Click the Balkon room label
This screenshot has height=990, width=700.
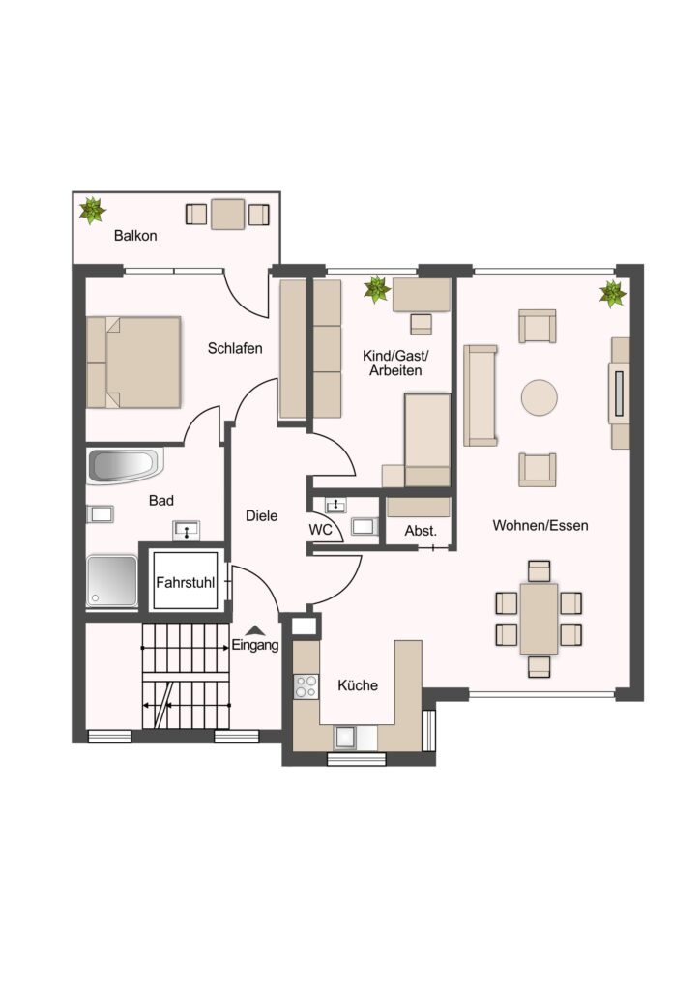click(135, 236)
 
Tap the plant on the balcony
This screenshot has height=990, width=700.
click(93, 210)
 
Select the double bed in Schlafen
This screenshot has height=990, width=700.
click(133, 362)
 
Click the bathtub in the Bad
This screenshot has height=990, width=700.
click(125, 466)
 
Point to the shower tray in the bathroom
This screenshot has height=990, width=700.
click(112, 581)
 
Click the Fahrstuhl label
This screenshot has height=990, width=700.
click(186, 582)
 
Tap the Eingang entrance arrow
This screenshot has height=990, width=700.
click(255, 629)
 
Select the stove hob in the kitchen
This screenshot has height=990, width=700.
click(306, 686)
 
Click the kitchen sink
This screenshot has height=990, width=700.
click(345, 738)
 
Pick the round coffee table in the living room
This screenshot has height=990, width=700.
click(540, 397)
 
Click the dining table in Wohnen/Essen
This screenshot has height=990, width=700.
click(540, 619)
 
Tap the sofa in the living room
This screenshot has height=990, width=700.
click(481, 395)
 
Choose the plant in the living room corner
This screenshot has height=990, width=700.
click(613, 294)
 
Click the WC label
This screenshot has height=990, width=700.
click(320, 530)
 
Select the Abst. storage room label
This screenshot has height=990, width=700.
click(421, 531)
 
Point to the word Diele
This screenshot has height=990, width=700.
click(261, 516)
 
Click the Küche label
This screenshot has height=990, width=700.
click(358, 685)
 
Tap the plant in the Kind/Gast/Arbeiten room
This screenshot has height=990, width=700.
click(377, 289)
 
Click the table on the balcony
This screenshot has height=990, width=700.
click(227, 215)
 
